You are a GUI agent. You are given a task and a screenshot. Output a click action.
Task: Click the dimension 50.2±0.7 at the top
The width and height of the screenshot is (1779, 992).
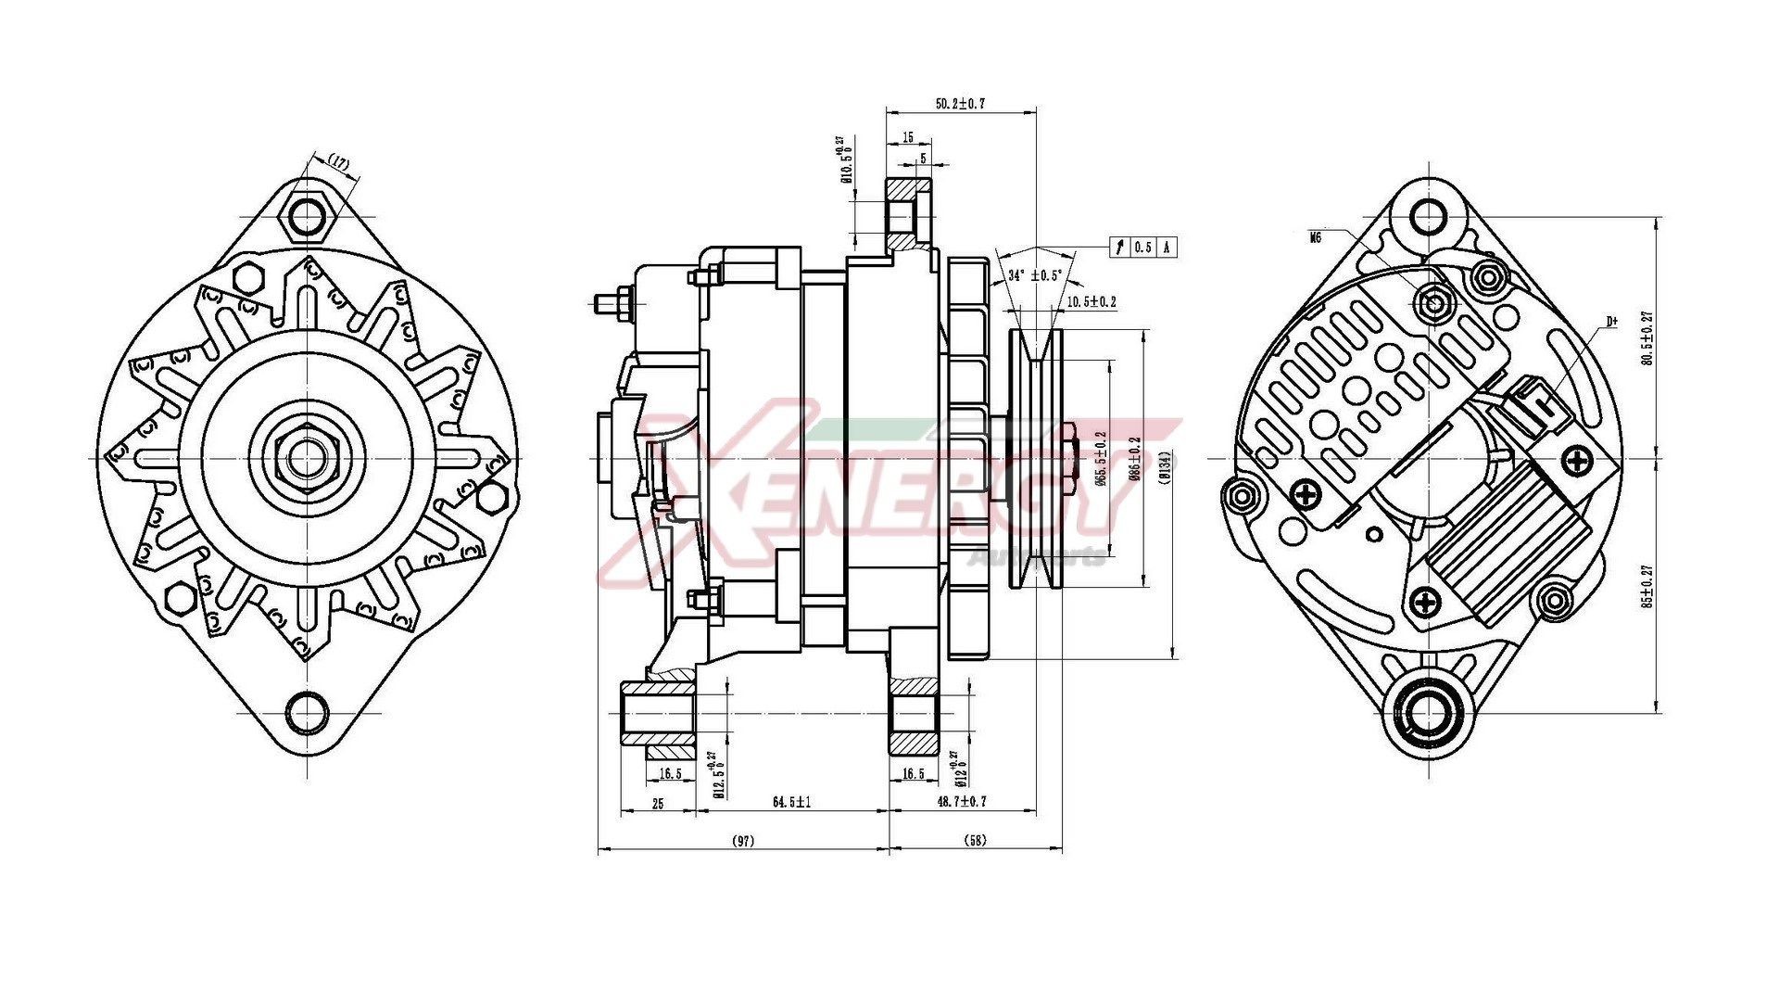(x=959, y=104)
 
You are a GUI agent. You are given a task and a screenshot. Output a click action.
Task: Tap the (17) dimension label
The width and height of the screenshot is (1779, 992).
(x=340, y=163)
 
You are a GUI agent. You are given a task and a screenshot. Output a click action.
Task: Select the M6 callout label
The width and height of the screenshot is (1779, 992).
(x=1315, y=238)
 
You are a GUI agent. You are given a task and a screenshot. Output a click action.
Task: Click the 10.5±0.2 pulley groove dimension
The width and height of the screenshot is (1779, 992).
(x=1091, y=302)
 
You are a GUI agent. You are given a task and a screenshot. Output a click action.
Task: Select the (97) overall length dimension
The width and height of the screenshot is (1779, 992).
(x=742, y=841)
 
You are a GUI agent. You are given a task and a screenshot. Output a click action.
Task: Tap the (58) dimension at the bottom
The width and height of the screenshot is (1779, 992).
(x=975, y=841)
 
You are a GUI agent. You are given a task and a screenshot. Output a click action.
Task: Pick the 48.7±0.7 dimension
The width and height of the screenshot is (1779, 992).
(x=962, y=802)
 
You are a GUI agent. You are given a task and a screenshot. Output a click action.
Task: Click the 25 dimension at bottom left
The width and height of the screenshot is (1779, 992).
(x=657, y=804)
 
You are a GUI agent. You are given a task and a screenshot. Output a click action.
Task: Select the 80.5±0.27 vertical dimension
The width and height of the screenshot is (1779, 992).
(x=1647, y=338)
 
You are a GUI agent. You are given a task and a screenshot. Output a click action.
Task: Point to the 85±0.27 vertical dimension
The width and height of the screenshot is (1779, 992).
(x=1647, y=586)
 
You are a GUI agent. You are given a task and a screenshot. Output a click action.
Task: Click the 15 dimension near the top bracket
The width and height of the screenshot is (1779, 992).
(x=908, y=137)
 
